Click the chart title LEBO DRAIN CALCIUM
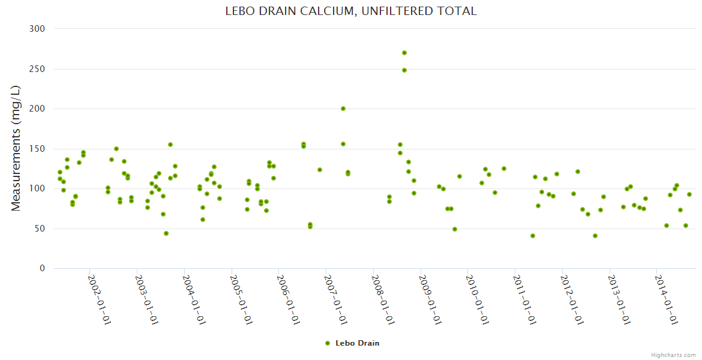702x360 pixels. click(351, 11)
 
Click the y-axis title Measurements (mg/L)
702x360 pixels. click(16, 148)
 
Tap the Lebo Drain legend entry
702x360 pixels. click(352, 343)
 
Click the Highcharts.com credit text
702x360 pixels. click(673, 355)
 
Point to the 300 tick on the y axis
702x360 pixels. click(38, 29)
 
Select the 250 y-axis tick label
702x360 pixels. click(38, 69)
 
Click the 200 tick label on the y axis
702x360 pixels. click(38, 109)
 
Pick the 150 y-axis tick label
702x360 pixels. click(38, 149)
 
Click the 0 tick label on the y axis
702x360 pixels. click(43, 268)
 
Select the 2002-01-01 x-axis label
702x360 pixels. click(99, 299)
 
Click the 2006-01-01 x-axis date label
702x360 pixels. click(288, 299)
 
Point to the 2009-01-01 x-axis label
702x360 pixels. click(430, 299)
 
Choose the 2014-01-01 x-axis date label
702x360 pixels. click(666, 299)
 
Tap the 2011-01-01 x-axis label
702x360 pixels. click(524, 299)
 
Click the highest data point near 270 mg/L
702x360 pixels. click(404, 53)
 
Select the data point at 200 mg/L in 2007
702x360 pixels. click(343, 109)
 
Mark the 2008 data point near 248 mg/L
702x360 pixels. click(404, 70)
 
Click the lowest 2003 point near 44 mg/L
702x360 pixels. click(166, 233)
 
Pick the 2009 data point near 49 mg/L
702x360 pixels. click(455, 229)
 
